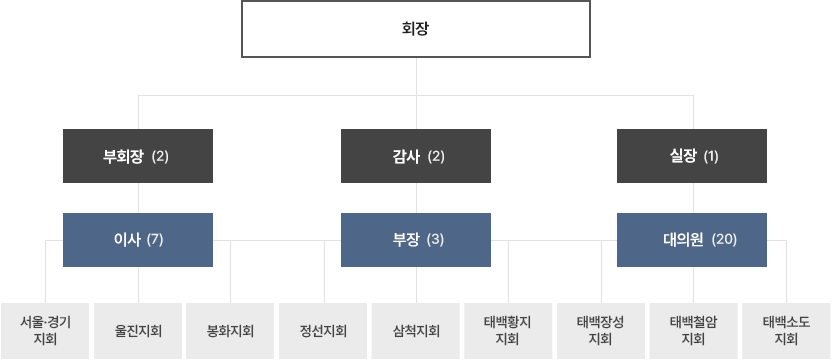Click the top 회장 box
(415, 29)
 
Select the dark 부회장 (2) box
(137, 156)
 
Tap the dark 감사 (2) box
(416, 156)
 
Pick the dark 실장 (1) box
(692, 156)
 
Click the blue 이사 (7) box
(137, 240)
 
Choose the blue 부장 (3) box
(416, 240)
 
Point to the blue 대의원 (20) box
(692, 240)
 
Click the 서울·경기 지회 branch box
(45, 330)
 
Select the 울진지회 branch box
(138, 330)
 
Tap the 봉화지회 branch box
(231, 330)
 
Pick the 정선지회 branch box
(323, 330)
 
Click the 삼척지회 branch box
(416, 330)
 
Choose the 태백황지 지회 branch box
(508, 330)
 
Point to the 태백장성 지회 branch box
(601, 330)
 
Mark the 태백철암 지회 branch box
(693, 330)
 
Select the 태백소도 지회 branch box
(786, 330)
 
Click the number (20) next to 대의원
(724, 240)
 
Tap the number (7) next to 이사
(154, 240)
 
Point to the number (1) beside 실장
(711, 156)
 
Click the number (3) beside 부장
(435, 240)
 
